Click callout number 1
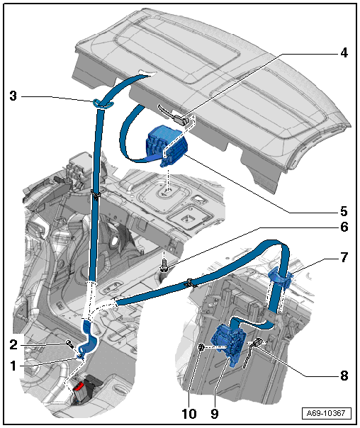click(13, 366)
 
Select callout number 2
click(13, 345)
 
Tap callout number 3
click(13, 96)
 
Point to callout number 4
click(344, 52)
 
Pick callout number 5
click(344, 211)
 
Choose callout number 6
click(344, 227)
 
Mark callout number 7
click(344, 257)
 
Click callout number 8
click(344, 376)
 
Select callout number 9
click(215, 414)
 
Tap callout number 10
click(189, 414)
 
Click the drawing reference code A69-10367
click(326, 413)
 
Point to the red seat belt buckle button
click(79, 386)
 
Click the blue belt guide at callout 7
click(281, 278)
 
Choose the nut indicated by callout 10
click(201, 347)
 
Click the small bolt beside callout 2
click(69, 344)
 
